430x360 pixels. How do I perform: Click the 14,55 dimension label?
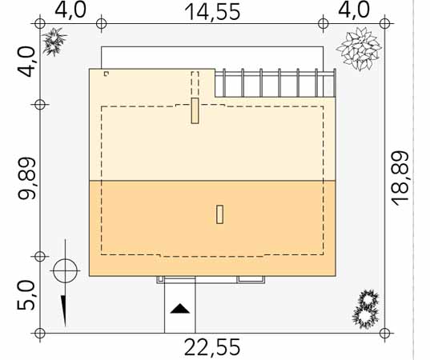pos(213,12)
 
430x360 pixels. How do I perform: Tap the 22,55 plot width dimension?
pos(212,347)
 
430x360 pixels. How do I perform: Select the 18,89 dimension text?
pos(400,178)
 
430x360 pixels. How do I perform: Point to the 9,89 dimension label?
pos(26,178)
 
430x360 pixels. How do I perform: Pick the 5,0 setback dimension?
pos(26,295)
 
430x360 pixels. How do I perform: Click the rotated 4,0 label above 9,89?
pos(26,62)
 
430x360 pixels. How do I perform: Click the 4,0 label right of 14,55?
pos(354,10)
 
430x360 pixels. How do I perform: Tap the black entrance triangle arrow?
pos(180,309)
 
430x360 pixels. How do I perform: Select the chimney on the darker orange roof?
pos(219,214)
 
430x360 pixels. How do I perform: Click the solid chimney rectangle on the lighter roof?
pos(195,110)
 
